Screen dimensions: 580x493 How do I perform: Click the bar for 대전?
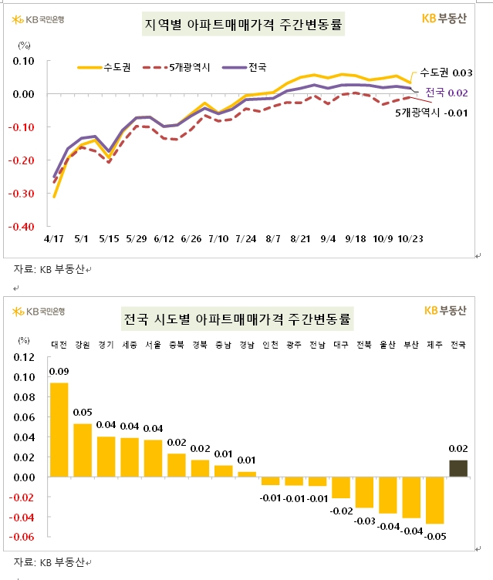pos(59,430)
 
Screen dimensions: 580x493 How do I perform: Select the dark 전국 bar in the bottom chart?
pos(458,468)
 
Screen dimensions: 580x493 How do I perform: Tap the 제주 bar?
pos(435,501)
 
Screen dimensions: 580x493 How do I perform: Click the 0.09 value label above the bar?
pos(59,372)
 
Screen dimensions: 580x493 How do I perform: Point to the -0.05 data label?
pos(436,537)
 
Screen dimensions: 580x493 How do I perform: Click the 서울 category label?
pos(153,345)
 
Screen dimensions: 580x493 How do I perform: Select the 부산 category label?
pos(411,345)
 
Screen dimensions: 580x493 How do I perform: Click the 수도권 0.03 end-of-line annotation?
pos(445,72)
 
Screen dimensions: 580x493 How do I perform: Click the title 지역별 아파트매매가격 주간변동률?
pos(244,25)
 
